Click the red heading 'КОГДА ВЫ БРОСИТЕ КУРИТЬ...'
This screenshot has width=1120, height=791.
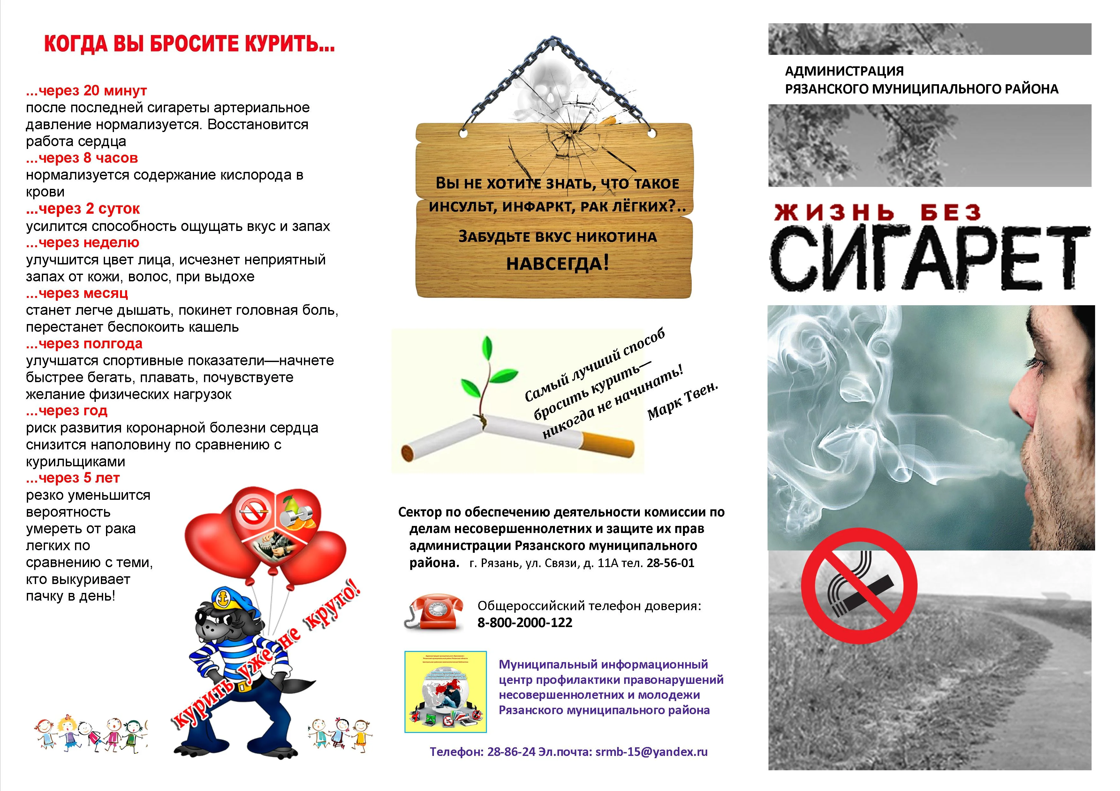189,44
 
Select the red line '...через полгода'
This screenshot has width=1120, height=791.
84,344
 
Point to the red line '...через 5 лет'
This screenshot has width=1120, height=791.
73,478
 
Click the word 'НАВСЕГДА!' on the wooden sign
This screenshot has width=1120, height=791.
557,264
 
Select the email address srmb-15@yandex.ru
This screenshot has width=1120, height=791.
651,751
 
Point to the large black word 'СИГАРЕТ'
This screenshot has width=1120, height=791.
929,258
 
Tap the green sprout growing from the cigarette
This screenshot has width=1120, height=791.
483,375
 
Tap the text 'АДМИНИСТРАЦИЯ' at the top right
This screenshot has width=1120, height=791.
844,71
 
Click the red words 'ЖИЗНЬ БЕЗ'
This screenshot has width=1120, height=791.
878,212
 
